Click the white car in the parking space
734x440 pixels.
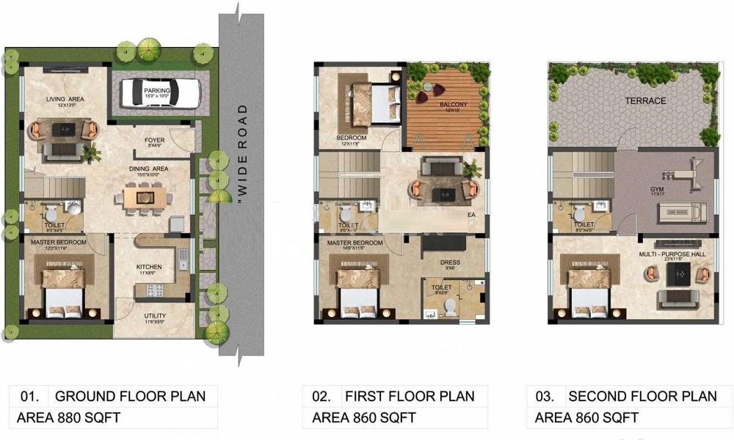pyautogui.click(x=161, y=92)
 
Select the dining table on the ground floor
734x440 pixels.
pyautogui.click(x=145, y=196)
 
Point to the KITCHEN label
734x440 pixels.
pyautogui.click(x=149, y=267)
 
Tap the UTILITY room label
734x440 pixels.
pyautogui.click(x=154, y=317)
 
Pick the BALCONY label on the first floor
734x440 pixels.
pyautogui.click(x=453, y=106)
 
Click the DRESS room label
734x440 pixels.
pyautogui.click(x=449, y=262)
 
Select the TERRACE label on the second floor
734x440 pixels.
pyautogui.click(x=645, y=100)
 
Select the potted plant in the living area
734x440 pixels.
pyautogui.click(x=92, y=153)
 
